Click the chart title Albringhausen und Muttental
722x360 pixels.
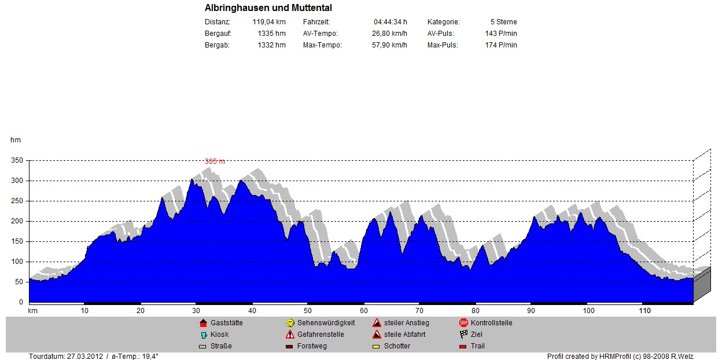[x=268, y=8]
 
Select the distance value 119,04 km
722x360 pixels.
[x=269, y=22]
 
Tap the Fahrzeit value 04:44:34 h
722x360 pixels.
[x=390, y=22]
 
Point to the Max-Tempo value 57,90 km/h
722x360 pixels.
[x=389, y=45]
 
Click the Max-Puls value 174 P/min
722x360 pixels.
[x=501, y=45]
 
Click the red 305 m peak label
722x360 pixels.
[x=215, y=161]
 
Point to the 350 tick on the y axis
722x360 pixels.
[x=17, y=160]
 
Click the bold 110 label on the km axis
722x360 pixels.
[x=644, y=311]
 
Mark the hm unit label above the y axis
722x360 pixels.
[x=15, y=139]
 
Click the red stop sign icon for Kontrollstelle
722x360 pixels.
[x=463, y=323]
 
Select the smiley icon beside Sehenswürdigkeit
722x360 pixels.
[x=290, y=323]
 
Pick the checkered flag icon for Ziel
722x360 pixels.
[x=463, y=335]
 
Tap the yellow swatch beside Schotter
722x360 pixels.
[x=376, y=347]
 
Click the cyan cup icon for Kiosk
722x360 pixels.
[x=203, y=335]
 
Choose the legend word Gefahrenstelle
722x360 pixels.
[x=321, y=335]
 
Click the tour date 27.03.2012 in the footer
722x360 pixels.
[x=86, y=357]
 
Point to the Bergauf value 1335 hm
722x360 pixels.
[x=271, y=34]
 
